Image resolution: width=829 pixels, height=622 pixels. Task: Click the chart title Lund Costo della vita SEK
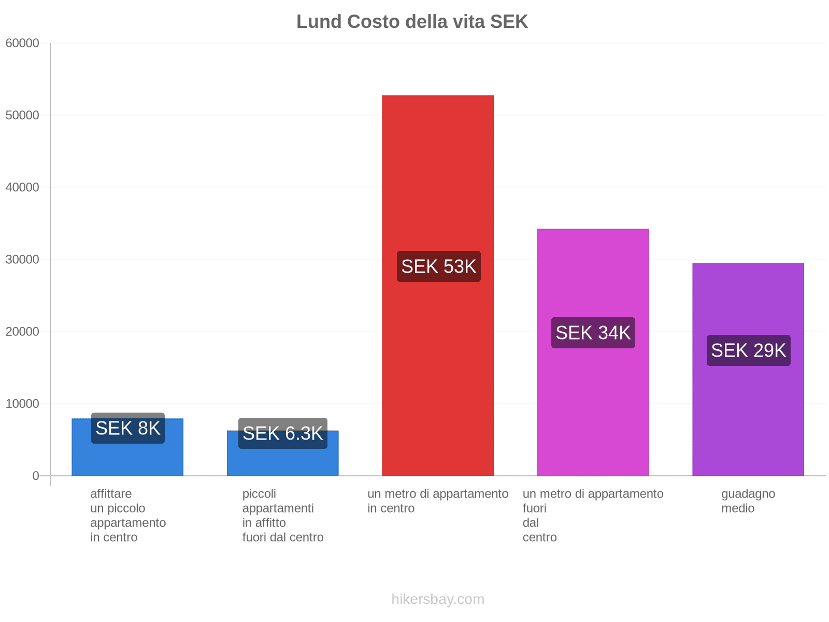point(412,22)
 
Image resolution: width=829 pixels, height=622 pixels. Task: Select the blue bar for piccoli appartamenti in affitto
point(282,461)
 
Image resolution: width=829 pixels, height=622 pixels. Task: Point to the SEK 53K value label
point(438,266)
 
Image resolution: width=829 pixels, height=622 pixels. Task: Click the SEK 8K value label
point(127,428)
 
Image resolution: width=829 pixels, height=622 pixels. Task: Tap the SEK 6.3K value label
point(282,433)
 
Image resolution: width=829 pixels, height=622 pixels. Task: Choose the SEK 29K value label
point(748,350)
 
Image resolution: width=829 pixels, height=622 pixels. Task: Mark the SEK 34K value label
point(593,333)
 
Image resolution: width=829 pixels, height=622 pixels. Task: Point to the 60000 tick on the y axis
point(22,43)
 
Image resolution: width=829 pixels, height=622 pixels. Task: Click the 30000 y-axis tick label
point(22,259)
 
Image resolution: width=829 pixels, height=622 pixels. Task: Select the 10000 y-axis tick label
point(22,404)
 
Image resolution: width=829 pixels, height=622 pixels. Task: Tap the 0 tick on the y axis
point(35,476)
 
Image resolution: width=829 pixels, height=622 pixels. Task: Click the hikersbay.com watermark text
point(438,599)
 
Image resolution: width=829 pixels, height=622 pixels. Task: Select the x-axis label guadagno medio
point(748,501)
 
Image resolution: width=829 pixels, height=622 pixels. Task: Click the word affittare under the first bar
point(111,493)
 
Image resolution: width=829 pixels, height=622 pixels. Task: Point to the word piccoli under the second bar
point(259,493)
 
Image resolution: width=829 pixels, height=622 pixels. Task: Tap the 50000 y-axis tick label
point(22,115)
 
